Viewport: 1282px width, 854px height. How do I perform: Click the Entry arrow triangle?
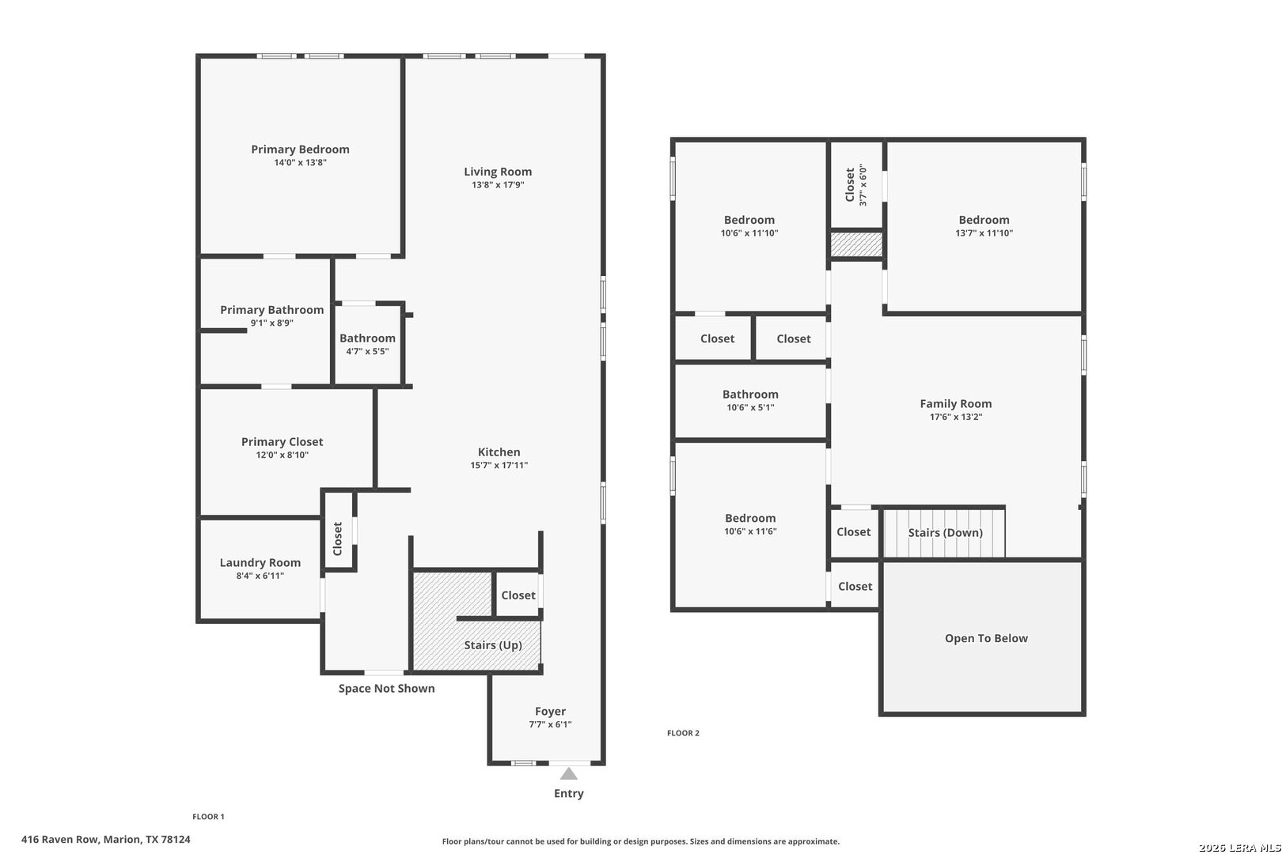click(568, 774)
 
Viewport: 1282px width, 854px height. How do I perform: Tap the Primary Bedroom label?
click(300, 149)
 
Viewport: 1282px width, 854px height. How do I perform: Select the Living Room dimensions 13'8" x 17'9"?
click(498, 185)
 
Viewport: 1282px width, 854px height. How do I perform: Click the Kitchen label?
click(499, 452)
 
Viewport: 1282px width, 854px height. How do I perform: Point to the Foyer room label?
click(550, 711)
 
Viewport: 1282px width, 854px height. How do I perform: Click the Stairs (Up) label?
click(493, 645)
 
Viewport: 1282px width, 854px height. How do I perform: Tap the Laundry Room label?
click(260, 563)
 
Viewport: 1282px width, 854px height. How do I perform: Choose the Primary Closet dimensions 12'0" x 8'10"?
click(283, 455)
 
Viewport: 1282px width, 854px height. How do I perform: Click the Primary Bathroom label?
click(272, 310)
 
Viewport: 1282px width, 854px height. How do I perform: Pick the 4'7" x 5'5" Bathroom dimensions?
click(367, 351)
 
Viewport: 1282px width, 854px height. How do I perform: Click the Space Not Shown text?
click(386, 688)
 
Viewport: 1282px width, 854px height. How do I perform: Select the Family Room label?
click(956, 404)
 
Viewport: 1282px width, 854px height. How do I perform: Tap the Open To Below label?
click(986, 638)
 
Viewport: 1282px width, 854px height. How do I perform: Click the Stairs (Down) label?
click(946, 532)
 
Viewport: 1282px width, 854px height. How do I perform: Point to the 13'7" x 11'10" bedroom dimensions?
click(984, 232)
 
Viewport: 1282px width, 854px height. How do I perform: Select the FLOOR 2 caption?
click(683, 733)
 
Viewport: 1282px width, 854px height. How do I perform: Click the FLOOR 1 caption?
click(208, 816)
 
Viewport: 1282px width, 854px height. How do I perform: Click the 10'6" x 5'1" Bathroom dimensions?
click(750, 407)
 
